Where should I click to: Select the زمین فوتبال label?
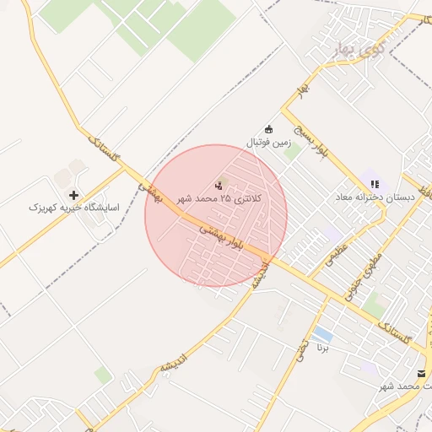coord(268,143)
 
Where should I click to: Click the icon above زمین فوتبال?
coord(269,129)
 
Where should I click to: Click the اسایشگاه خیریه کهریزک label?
coord(74,207)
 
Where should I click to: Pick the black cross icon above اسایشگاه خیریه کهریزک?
coord(74,195)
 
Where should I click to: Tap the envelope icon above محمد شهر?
coord(421,373)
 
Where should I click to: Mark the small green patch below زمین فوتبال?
coord(290,153)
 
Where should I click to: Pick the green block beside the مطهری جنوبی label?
coord(375,304)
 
